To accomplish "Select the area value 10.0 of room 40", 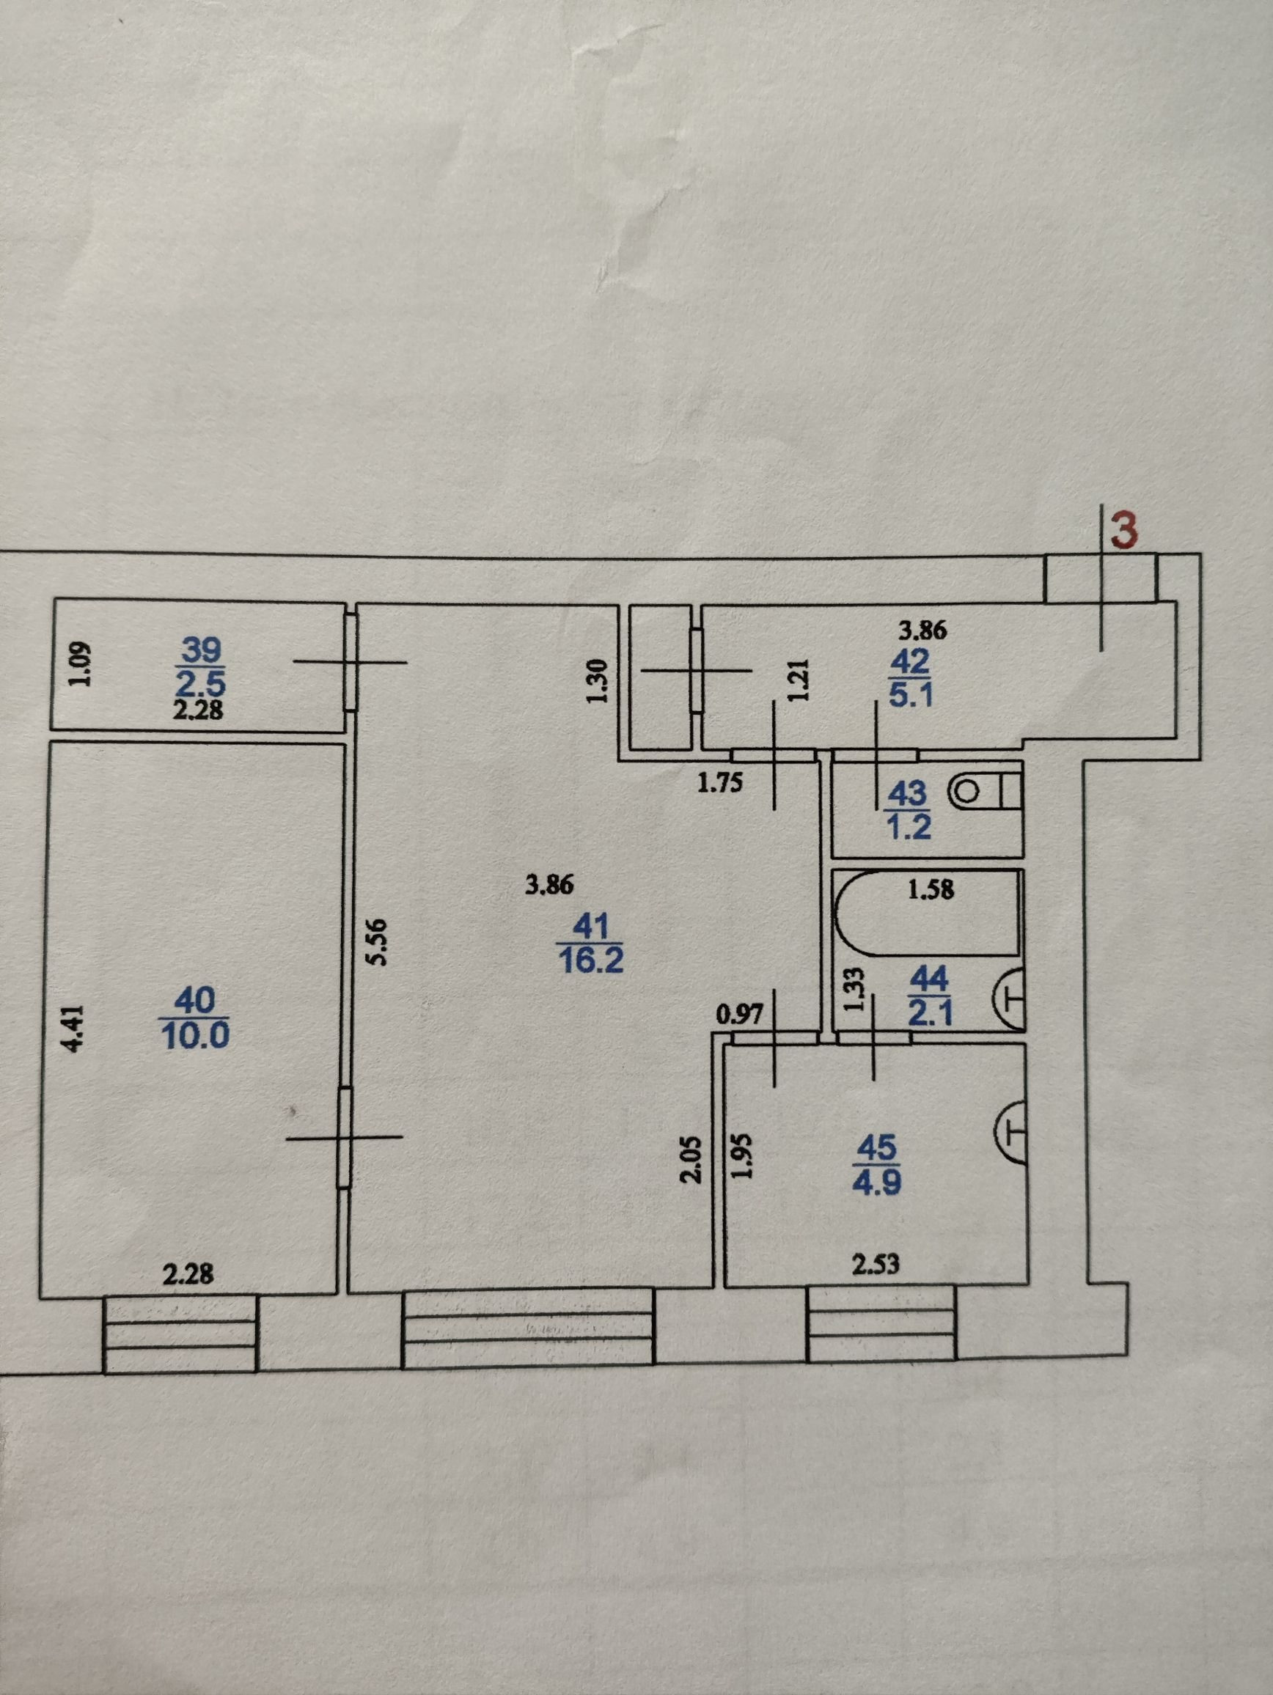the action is (x=196, y=1036).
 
